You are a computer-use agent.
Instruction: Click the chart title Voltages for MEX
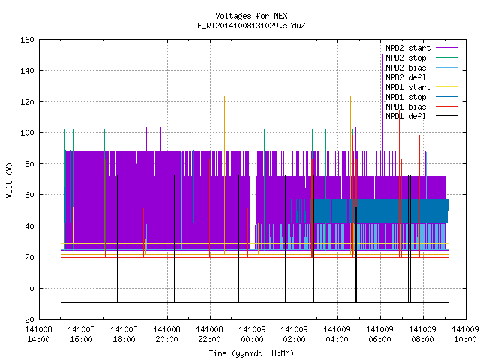click(251, 16)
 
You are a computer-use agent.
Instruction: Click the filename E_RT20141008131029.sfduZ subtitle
click(251, 25)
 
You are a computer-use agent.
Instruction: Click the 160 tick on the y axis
click(27, 40)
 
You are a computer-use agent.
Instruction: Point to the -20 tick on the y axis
click(27, 319)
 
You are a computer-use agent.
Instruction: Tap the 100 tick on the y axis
click(27, 133)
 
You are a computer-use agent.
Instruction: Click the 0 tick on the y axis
click(31, 288)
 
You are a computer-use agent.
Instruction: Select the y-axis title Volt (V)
click(10, 180)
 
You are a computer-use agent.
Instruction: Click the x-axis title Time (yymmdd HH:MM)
click(251, 353)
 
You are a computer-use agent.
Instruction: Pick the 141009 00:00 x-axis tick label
click(252, 334)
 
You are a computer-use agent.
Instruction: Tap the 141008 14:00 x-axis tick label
click(38, 334)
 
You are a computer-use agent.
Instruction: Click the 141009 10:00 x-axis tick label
click(465, 334)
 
